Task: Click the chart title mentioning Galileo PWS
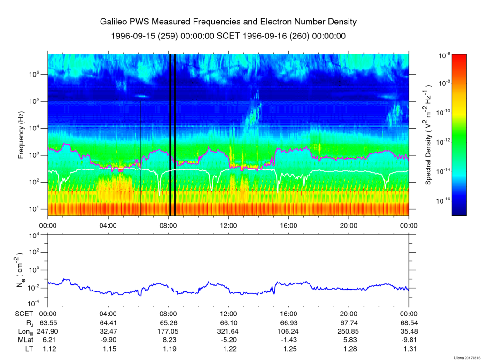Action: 228,22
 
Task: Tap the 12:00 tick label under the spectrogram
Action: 228,225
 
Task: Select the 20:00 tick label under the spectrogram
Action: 349,225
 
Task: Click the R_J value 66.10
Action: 228,323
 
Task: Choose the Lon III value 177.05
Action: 168,332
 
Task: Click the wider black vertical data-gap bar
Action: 170,135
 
